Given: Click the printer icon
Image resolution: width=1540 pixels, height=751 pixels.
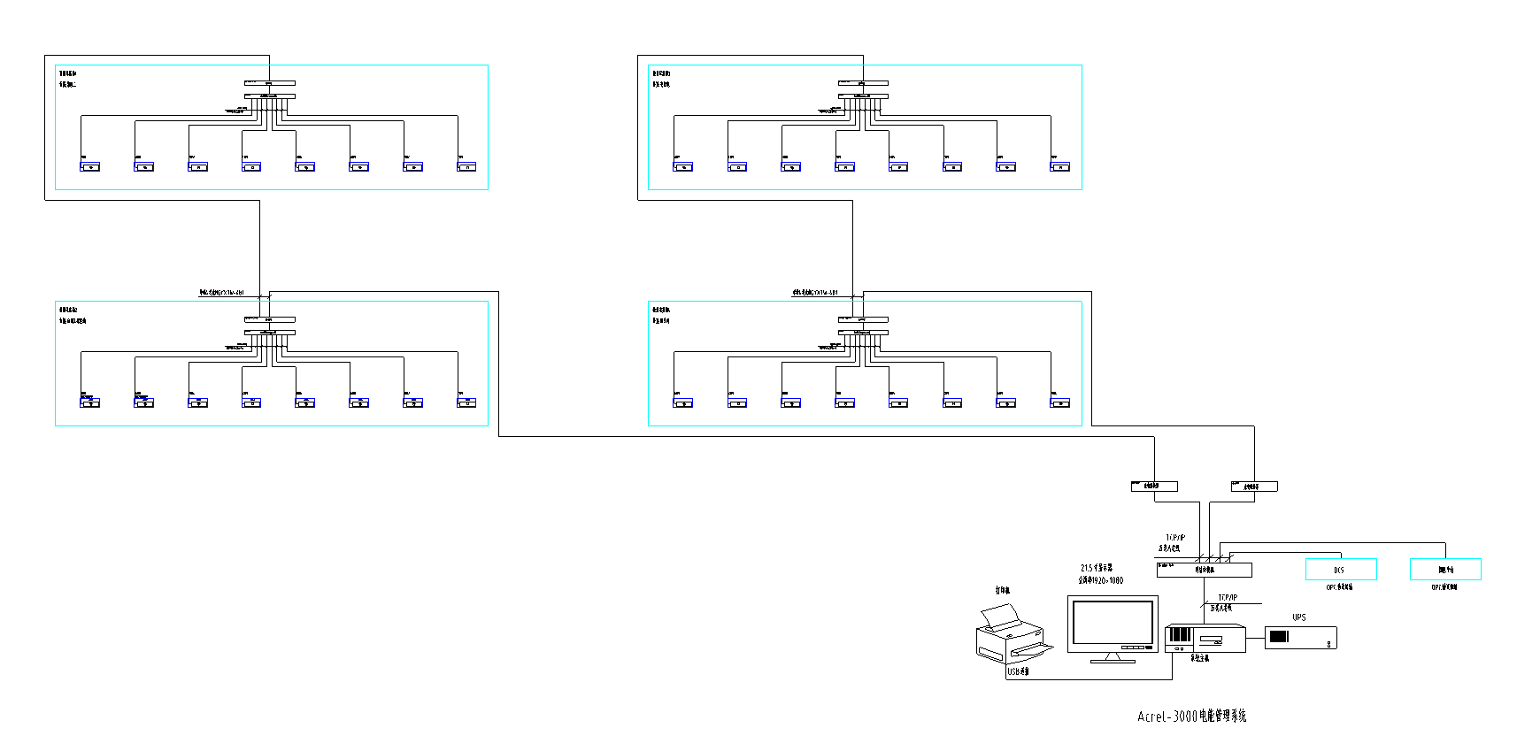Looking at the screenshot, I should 1012,635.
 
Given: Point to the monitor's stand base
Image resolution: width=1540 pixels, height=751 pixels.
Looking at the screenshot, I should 1113,660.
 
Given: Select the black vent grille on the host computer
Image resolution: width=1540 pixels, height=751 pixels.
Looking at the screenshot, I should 1180,634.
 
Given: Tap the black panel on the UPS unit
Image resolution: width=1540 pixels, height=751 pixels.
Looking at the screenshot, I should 1278,636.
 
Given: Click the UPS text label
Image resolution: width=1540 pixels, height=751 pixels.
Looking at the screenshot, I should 1298,617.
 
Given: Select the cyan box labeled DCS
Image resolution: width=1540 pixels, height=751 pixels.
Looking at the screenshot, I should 1340,570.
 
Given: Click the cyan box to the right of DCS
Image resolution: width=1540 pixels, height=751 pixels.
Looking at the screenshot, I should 1444,570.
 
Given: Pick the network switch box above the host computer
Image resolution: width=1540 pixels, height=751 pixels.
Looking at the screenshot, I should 1204,570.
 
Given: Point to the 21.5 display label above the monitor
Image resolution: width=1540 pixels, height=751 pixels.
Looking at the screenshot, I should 1096,568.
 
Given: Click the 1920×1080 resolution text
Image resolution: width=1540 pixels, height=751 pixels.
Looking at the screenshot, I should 1100,580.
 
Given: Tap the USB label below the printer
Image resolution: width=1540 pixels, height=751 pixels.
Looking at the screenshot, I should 1018,671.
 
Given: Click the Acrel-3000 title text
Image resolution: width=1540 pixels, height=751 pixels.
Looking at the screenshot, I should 1191,717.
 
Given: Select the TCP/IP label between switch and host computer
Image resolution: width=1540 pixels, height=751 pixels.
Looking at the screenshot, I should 1227,598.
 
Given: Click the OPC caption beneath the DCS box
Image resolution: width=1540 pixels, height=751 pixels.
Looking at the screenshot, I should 1338,587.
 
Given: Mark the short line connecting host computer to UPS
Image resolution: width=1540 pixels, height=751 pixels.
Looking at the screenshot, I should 1255,636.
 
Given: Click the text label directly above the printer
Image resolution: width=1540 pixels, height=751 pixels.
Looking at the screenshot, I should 1002,590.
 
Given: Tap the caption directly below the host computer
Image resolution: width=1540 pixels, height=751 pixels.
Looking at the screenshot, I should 1199,658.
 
